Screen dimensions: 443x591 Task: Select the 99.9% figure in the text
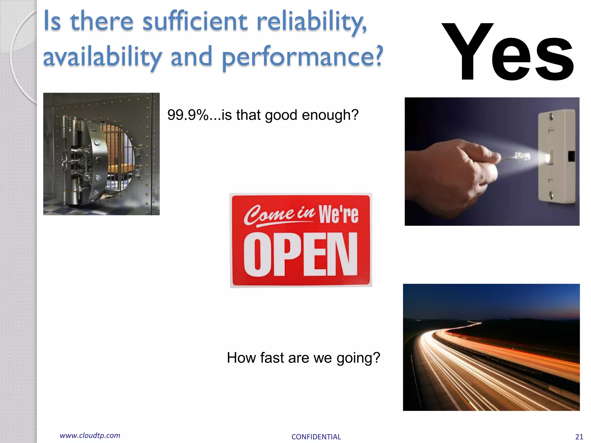coord(188,115)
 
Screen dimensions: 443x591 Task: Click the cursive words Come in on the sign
coord(279,215)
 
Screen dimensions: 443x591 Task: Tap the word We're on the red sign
coord(338,214)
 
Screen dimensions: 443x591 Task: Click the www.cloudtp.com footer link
coord(90,436)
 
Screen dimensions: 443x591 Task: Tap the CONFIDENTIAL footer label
coord(316,437)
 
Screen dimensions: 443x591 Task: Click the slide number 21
coord(579,437)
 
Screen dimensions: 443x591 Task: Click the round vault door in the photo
coord(87,162)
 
